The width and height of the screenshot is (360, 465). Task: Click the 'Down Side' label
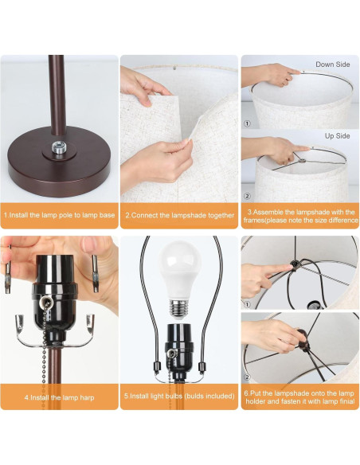coord(332,64)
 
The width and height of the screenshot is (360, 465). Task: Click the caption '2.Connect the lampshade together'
coord(179,215)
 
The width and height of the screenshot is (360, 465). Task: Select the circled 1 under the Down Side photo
coord(247,123)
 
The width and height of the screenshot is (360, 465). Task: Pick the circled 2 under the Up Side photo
coord(247,195)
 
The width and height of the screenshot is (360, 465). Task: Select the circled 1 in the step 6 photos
coord(247,303)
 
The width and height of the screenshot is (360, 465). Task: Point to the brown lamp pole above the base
coord(56,96)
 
